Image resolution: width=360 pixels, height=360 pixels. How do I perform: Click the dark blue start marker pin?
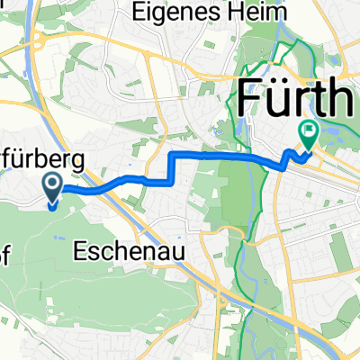[x=52, y=189]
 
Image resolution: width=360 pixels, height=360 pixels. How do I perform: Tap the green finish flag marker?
[x=310, y=136]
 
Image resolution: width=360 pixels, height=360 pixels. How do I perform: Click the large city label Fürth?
[x=298, y=95]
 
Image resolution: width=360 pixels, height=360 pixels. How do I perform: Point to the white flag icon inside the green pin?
[x=310, y=132]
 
